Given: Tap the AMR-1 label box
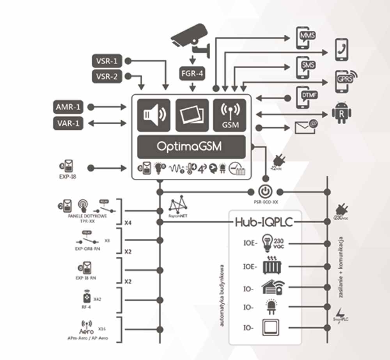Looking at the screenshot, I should pyautogui.click(x=68, y=107).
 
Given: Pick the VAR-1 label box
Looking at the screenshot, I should pyautogui.click(x=68, y=124).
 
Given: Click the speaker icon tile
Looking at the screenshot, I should pyautogui.click(x=154, y=115).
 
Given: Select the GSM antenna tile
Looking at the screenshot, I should pyautogui.click(x=229, y=115).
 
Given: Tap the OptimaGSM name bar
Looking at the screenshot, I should pyautogui.click(x=191, y=146).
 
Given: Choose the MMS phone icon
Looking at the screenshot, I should pyautogui.click(x=305, y=38).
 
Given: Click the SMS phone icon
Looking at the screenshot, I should pyautogui.click(x=305, y=67).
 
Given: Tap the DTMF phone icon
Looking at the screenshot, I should pyautogui.click(x=305, y=97).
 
